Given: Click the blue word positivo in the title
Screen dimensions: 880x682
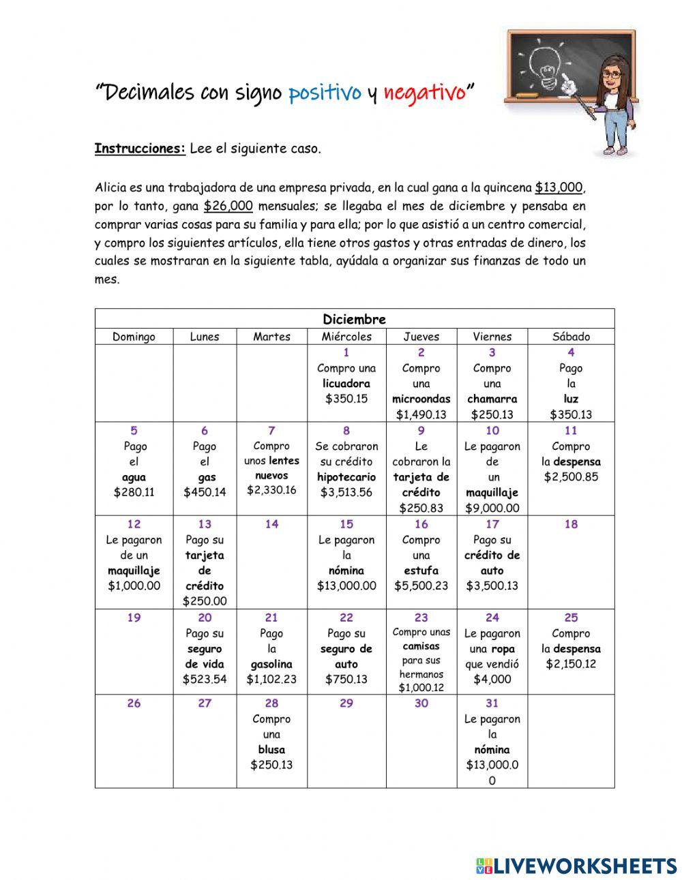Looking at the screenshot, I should [325, 93].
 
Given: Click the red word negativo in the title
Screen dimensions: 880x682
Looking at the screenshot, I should [424, 93].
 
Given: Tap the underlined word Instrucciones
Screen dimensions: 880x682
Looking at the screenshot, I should [140, 149].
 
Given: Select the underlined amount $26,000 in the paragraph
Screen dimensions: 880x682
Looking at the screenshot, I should [228, 206].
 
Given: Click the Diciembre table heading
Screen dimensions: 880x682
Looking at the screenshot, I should [354, 319].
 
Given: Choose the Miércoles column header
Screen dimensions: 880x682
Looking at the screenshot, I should [346, 337].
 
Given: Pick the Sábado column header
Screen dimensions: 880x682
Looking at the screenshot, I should [571, 337].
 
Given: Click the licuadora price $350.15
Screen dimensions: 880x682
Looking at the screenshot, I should [346, 399].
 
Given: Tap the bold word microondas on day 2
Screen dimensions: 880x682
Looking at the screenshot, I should [421, 399].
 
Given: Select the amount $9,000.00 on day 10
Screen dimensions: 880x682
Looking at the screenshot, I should [492, 508].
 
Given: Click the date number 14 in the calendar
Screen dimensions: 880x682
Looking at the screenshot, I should [271, 524].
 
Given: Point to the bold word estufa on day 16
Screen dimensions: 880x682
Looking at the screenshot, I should [421, 571].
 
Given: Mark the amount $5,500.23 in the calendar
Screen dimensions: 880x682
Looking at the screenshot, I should [421, 586].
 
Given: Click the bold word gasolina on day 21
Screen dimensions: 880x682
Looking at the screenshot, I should [271, 664].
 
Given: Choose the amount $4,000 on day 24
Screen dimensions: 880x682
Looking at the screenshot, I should [492, 679].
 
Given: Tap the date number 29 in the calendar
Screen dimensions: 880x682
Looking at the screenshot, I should [346, 703].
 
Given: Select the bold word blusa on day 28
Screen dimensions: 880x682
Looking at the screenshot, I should [271, 750].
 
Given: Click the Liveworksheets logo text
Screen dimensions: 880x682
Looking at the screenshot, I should [584, 866].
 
